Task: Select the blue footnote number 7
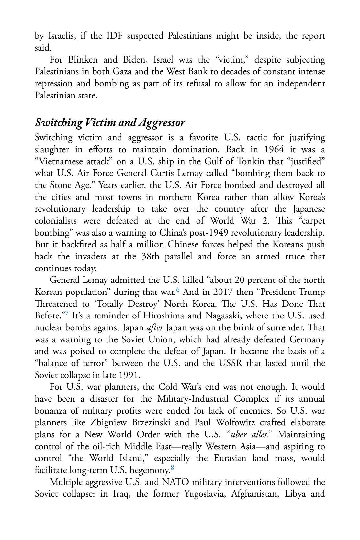coord(67,313)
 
